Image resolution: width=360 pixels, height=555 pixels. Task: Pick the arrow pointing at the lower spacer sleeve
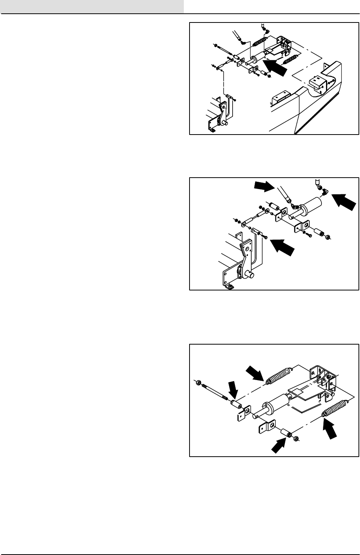[x=280, y=443]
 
